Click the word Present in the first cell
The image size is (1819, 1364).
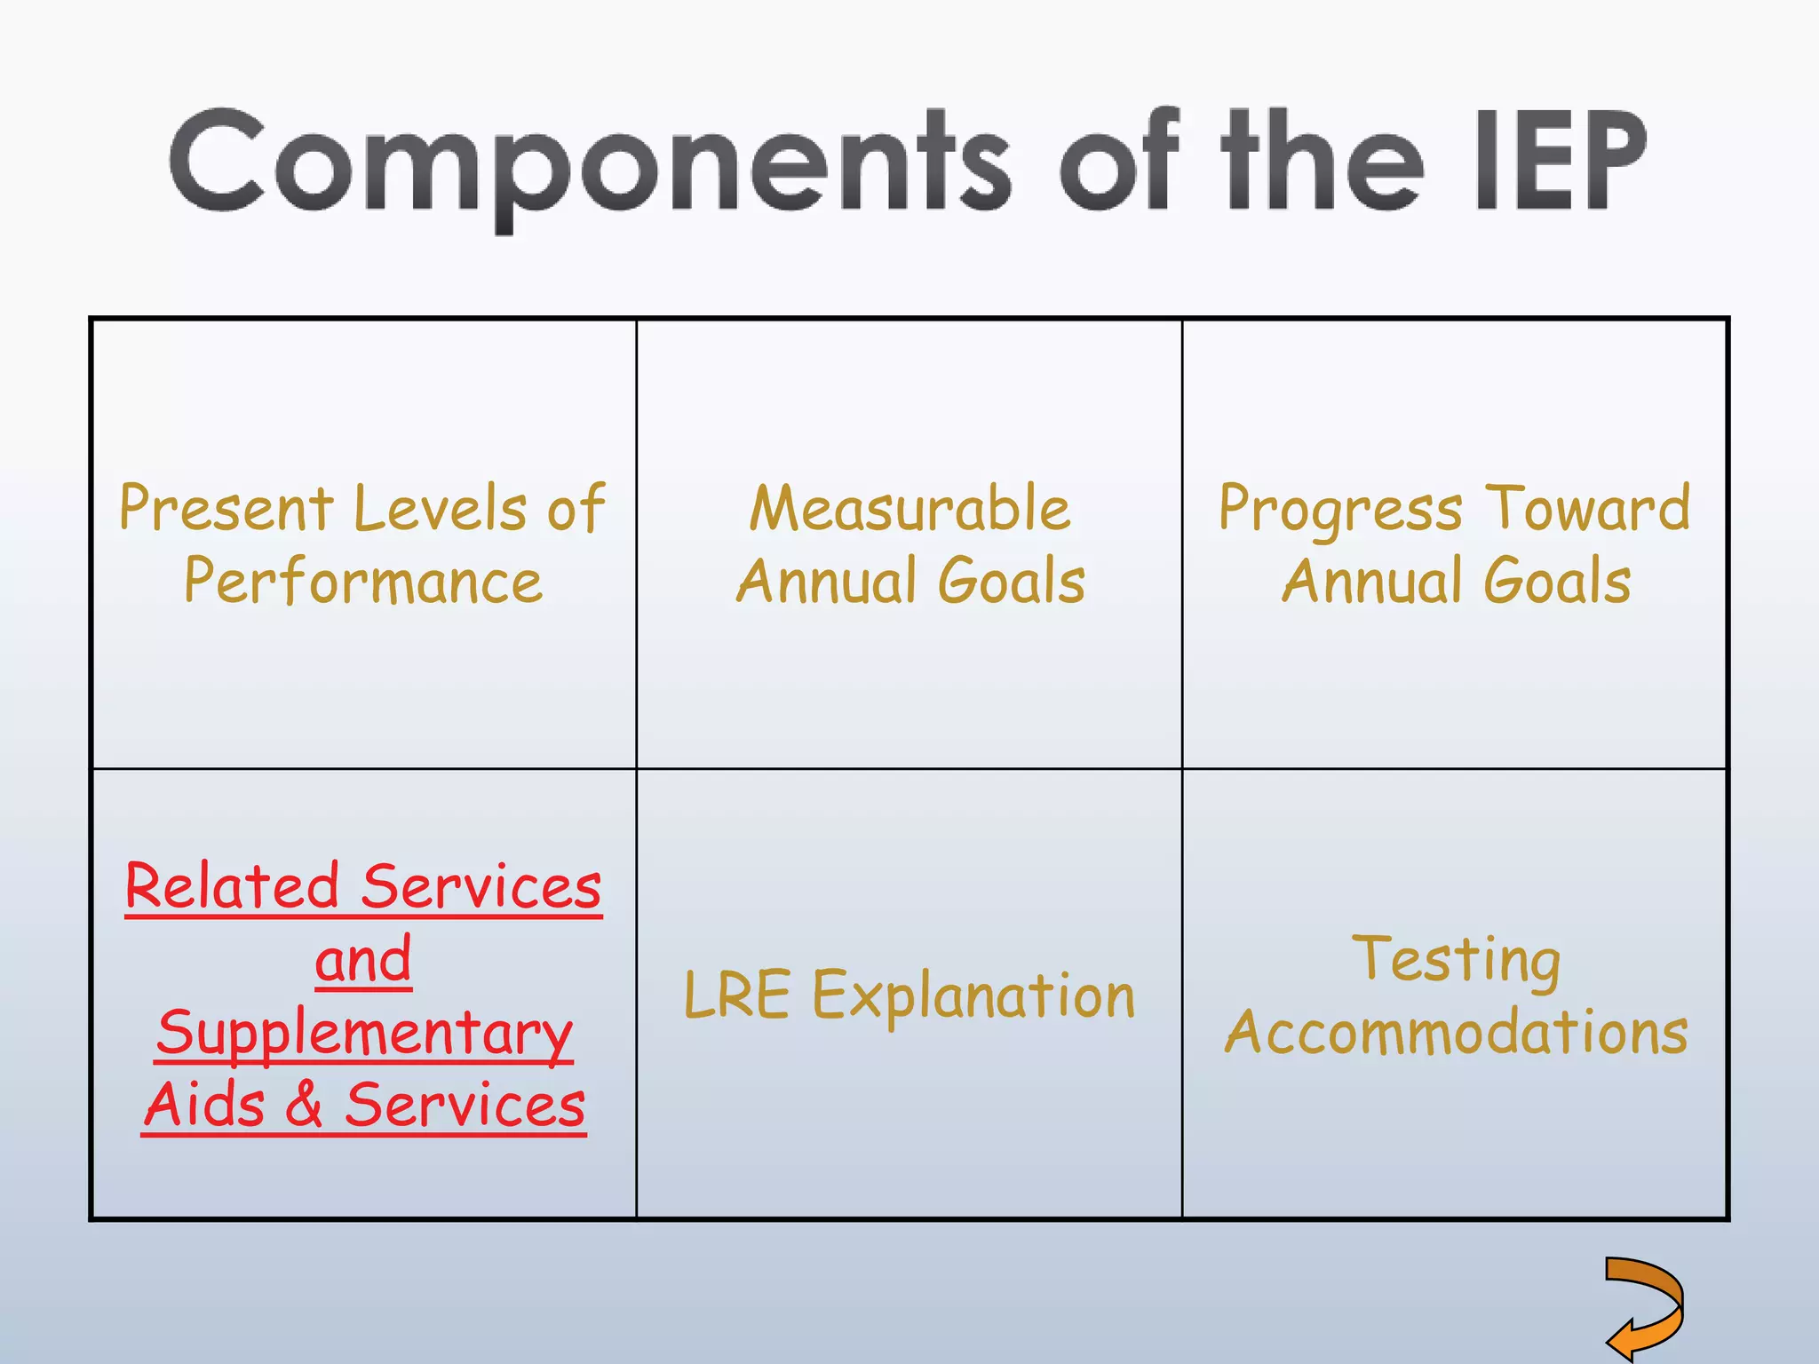pyautogui.click(x=226, y=509)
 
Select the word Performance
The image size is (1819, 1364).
pyautogui.click(x=363, y=582)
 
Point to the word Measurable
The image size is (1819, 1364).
pyautogui.click(x=909, y=509)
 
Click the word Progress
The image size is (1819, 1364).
pyautogui.click(x=1339, y=509)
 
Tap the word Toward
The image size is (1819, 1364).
pyautogui.click(x=1588, y=509)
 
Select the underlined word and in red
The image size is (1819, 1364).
pyautogui.click(x=363, y=960)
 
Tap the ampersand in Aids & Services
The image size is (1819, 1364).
pyautogui.click(x=305, y=1105)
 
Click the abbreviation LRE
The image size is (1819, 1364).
pyautogui.click(x=736, y=995)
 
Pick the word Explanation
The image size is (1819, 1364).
pyautogui.click(x=973, y=995)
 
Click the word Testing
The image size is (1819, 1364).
pyautogui.click(x=1456, y=960)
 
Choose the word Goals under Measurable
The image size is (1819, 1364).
pyautogui.click(x=1012, y=582)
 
